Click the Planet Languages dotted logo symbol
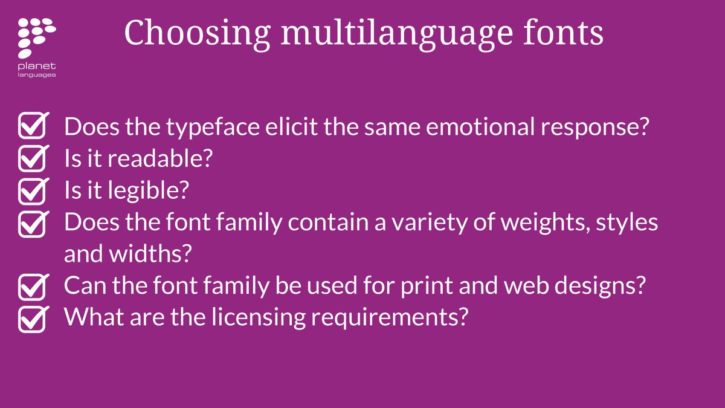(36, 37)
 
